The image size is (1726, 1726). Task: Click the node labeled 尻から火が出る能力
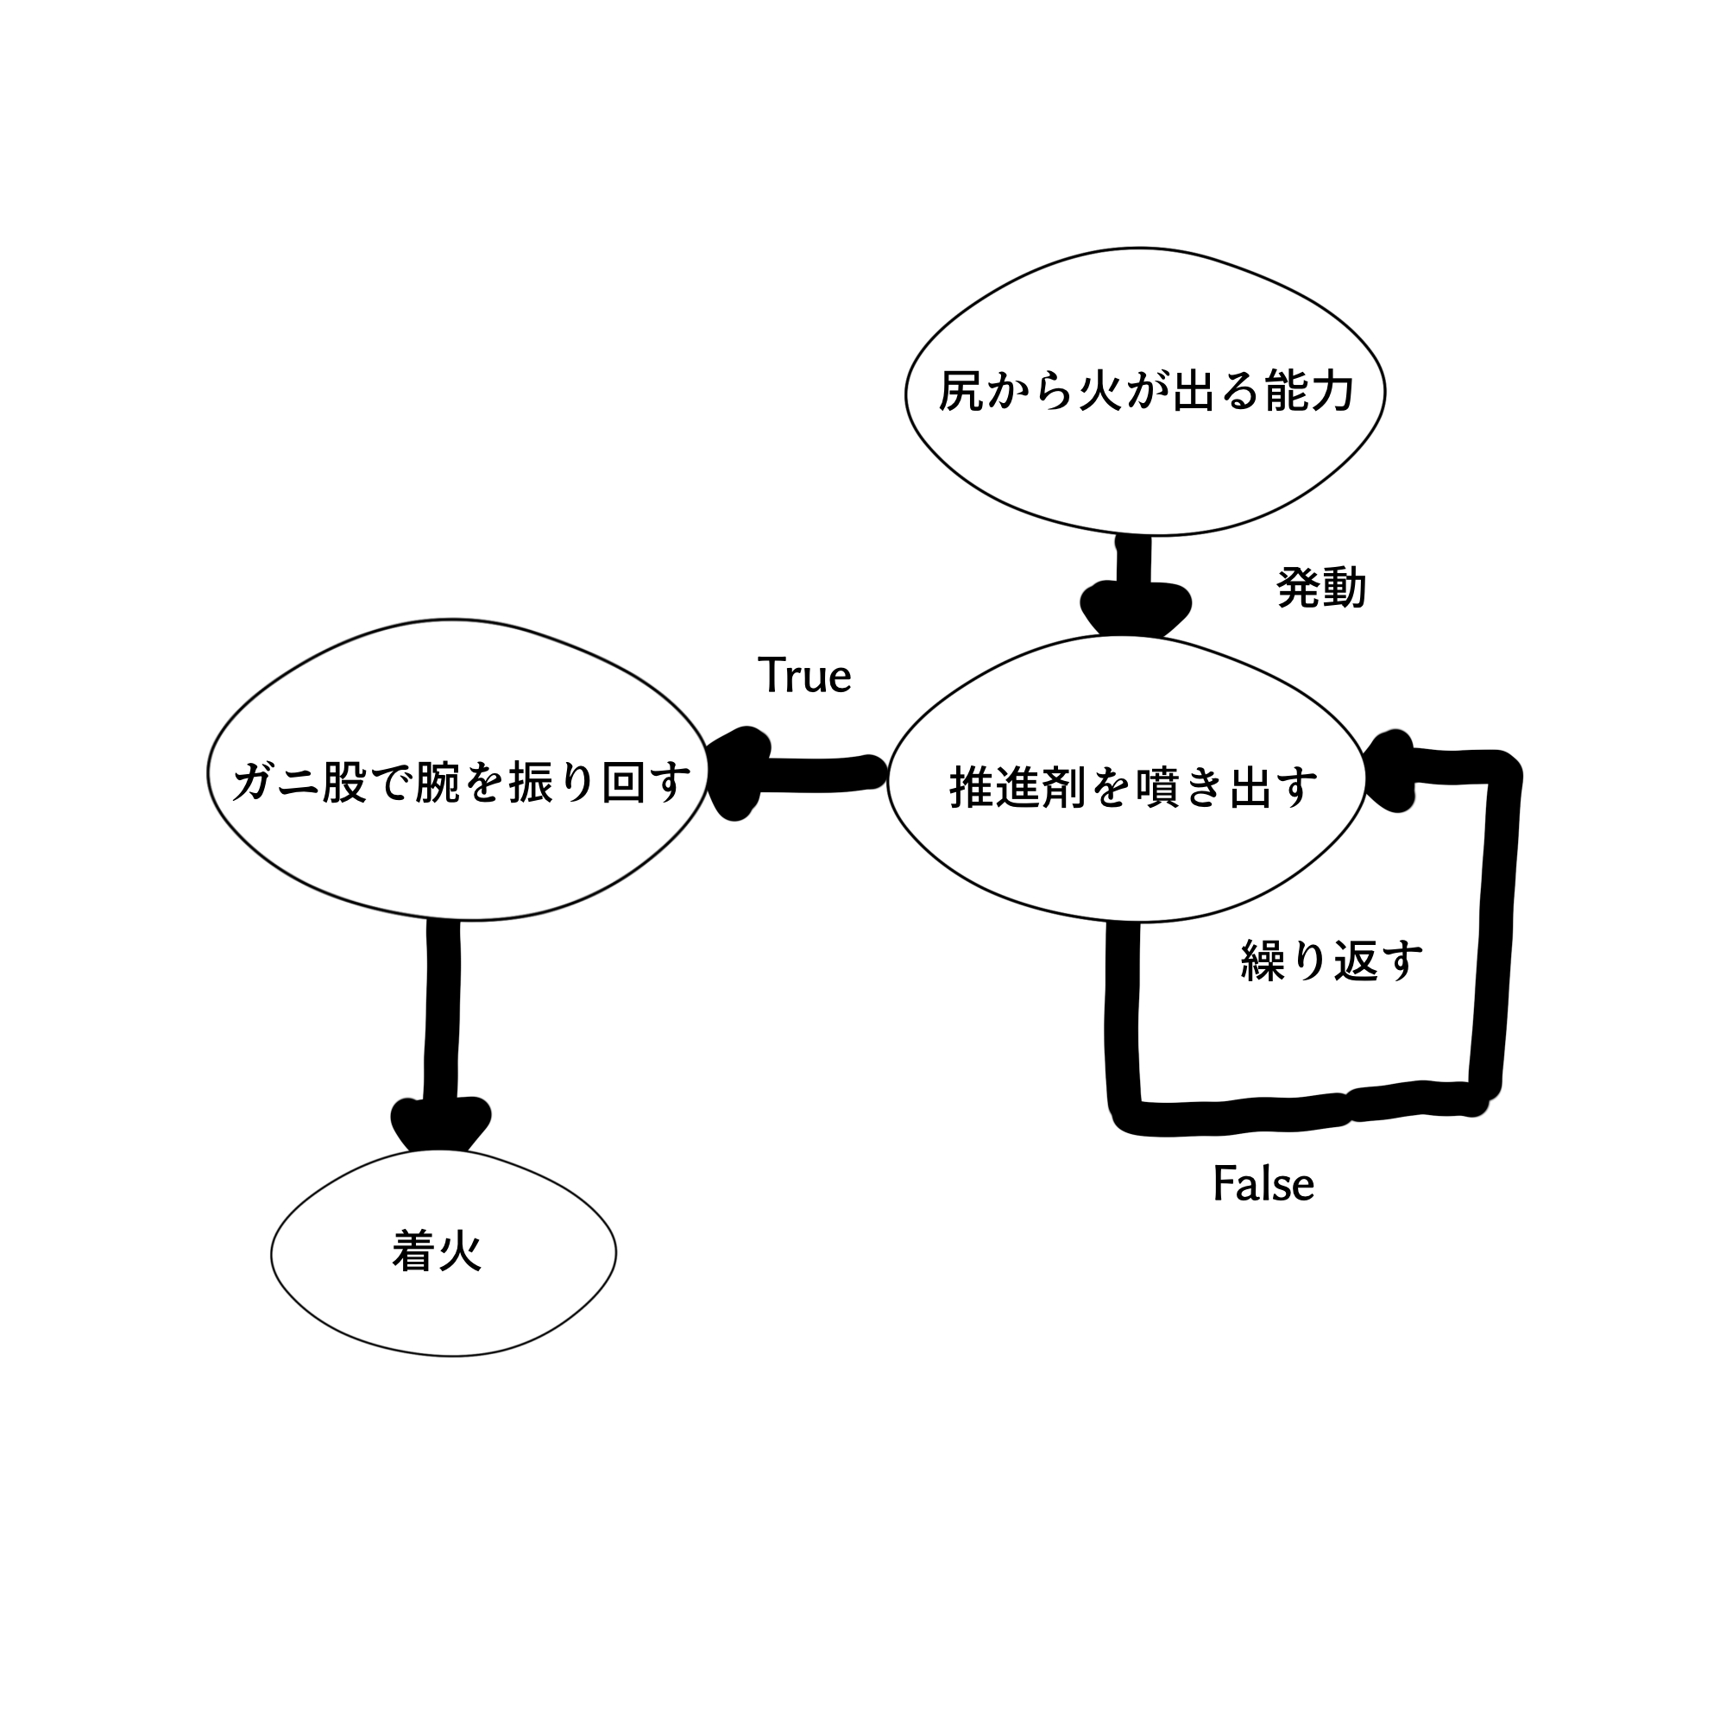tap(1145, 391)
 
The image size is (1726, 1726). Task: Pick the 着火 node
tap(443, 1252)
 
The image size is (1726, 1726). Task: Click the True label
tap(804, 676)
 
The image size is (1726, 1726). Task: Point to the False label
tap(1263, 1185)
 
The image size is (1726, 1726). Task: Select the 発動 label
tap(1321, 589)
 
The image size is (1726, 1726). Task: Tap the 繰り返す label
tap(1331, 961)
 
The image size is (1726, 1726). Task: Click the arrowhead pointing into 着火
tap(441, 1125)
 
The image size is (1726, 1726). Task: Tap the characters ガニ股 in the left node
tap(299, 783)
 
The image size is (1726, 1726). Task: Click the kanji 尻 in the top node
tap(961, 391)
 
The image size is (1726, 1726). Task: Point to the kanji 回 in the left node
tap(623, 783)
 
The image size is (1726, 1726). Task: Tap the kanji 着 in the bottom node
tap(413, 1252)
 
